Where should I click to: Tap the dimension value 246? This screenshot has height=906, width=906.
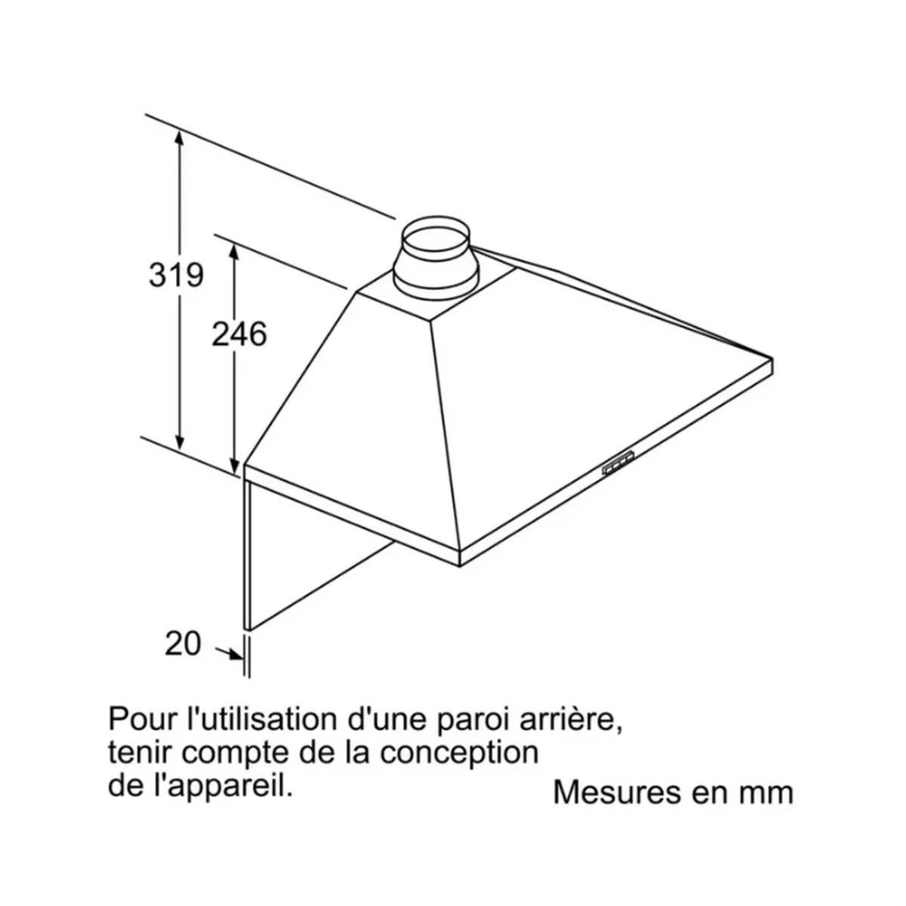click(239, 334)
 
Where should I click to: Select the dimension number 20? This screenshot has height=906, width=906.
click(183, 644)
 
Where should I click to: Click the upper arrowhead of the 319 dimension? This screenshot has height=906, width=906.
click(179, 139)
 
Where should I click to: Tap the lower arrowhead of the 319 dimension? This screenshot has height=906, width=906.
click(179, 440)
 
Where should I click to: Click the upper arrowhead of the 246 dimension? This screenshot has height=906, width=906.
click(233, 254)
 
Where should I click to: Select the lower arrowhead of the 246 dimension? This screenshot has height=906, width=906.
click(233, 465)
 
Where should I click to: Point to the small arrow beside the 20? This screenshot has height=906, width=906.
click(230, 654)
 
